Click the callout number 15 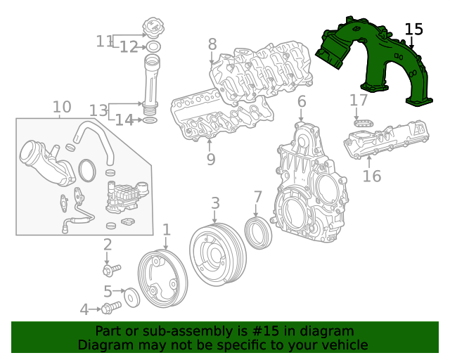pyautogui.click(x=414, y=30)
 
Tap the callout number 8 pyautogui.click(x=212, y=44)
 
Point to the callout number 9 pyautogui.click(x=210, y=160)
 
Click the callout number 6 pyautogui.click(x=302, y=102)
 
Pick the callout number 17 pyautogui.click(x=359, y=101)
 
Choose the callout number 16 pyautogui.click(x=371, y=175)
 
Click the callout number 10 pyautogui.click(x=62, y=107)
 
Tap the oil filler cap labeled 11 pyautogui.click(x=153, y=30)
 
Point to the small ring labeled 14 pyautogui.click(x=150, y=121)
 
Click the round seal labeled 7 pyautogui.click(x=258, y=232)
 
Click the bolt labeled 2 pyautogui.click(x=111, y=269)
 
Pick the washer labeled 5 pyautogui.click(x=131, y=297)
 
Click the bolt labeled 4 pyautogui.click(x=110, y=308)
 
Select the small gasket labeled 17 pyautogui.click(x=361, y=123)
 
